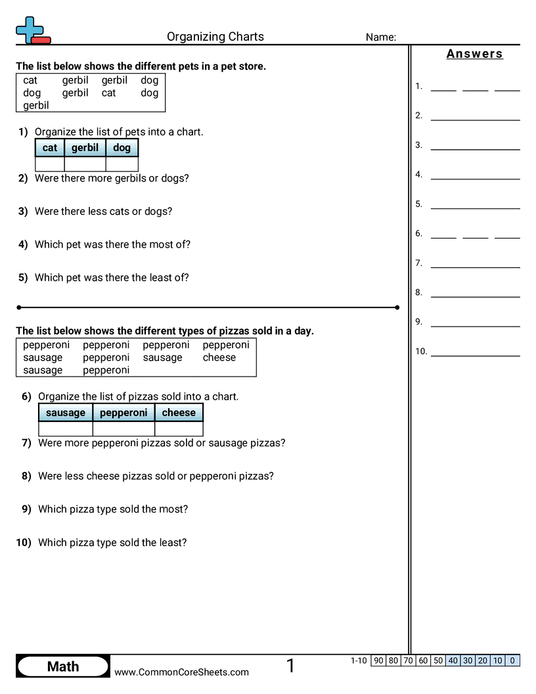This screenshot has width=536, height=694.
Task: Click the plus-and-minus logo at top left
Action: click(32, 31)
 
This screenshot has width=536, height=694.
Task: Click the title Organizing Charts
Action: click(215, 37)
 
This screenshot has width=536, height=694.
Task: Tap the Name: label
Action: click(380, 37)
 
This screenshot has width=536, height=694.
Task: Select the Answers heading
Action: click(474, 54)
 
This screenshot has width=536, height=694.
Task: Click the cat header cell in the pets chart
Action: click(50, 148)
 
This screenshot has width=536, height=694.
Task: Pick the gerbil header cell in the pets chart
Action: click(85, 148)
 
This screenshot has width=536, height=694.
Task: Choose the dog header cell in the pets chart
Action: click(122, 148)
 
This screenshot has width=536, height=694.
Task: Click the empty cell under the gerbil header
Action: click(85, 164)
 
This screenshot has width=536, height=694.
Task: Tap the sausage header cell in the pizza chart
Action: click(66, 413)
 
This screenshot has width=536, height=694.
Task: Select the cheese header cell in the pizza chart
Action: click(179, 413)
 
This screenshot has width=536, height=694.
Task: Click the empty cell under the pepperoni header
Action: click(123, 428)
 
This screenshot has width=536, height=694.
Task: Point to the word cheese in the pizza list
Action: click(219, 358)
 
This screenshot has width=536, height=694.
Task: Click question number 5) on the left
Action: click(23, 277)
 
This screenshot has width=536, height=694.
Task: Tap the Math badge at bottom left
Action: click(63, 666)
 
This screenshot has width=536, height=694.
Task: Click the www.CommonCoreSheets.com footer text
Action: click(181, 672)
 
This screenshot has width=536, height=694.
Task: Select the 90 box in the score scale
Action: click(378, 660)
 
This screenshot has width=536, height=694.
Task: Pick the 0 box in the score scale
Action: click(512, 660)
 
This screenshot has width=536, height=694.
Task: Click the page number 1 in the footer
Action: click(290, 666)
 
